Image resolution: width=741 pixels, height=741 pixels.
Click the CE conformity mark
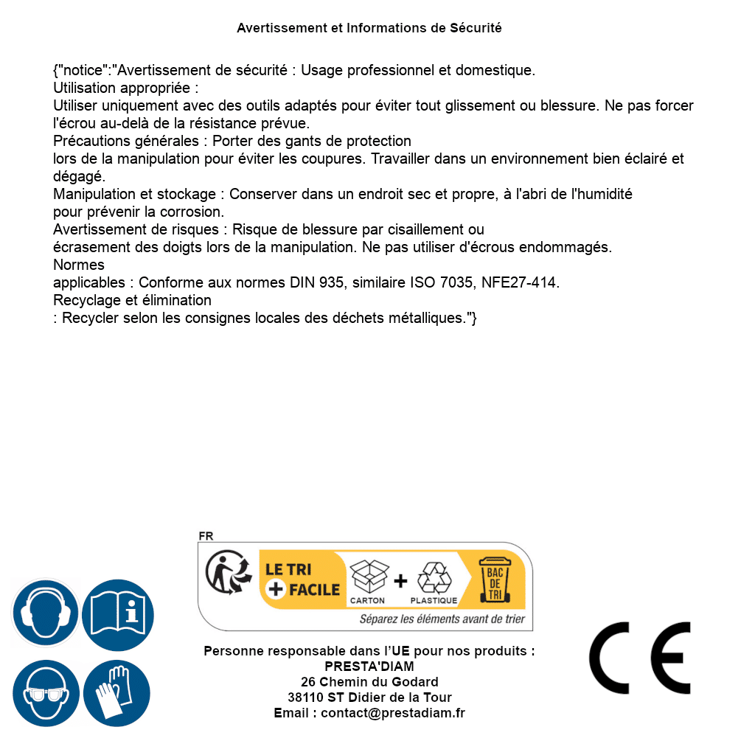click(640, 658)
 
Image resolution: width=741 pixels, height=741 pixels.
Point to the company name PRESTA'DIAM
click(369, 667)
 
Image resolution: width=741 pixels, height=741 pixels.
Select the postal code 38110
click(304, 697)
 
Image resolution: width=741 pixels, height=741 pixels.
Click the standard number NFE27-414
click(520, 283)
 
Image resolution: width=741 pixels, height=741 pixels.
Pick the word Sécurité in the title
click(476, 28)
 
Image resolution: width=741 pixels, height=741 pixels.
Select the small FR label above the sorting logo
click(206, 536)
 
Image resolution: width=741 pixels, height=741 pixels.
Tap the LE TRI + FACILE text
click(302, 580)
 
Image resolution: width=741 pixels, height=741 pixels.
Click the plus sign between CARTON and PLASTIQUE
click(400, 581)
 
